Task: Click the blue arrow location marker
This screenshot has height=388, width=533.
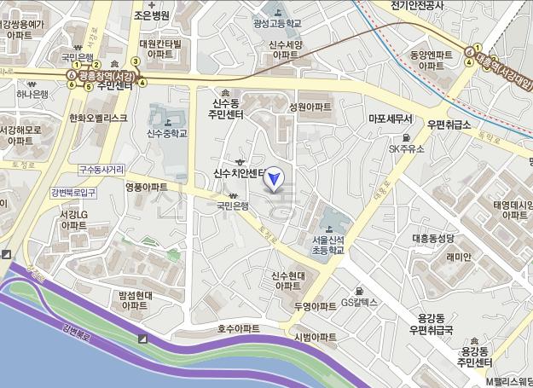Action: click(x=275, y=178)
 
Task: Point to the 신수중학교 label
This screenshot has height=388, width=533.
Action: click(x=167, y=133)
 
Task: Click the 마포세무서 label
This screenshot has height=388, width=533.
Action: click(x=390, y=119)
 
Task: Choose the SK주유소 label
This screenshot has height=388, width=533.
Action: click(x=407, y=148)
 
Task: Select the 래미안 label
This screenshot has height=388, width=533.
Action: click(x=458, y=258)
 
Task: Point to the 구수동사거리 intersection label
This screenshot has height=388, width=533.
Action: click(x=101, y=169)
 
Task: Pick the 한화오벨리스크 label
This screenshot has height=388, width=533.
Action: click(x=98, y=118)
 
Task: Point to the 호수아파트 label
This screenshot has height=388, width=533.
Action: click(x=238, y=327)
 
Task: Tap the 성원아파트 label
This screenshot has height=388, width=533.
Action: click(x=310, y=107)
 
